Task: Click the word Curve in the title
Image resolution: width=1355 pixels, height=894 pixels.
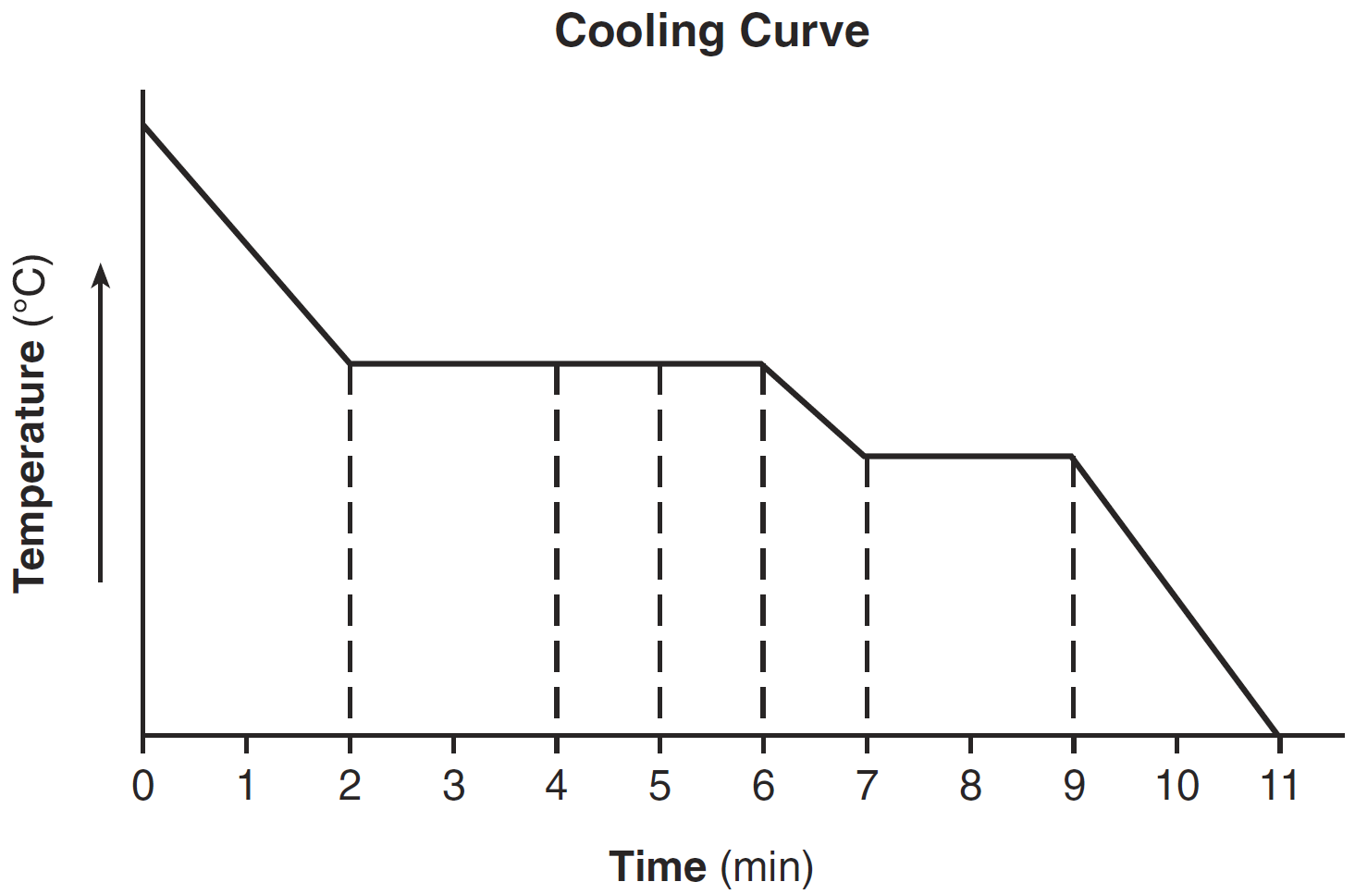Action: (x=804, y=31)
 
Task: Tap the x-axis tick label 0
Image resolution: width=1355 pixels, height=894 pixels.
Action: (x=142, y=786)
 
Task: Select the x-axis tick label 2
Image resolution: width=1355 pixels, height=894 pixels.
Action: (x=350, y=786)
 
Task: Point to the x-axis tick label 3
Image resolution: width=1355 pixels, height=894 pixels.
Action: (x=453, y=786)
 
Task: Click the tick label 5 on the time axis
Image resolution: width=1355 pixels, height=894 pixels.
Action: (x=659, y=786)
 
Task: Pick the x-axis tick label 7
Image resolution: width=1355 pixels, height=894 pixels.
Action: (x=867, y=786)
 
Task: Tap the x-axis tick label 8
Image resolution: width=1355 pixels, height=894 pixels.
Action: (x=970, y=786)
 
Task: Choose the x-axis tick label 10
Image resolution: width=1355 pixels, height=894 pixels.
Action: (x=1176, y=786)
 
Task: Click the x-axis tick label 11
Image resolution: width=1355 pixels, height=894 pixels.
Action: (x=1279, y=786)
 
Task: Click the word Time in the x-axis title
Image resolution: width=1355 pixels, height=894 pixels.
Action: (x=658, y=867)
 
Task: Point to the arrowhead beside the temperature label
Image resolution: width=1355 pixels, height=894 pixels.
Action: (x=101, y=275)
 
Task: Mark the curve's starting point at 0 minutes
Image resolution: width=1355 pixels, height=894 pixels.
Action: (x=143, y=123)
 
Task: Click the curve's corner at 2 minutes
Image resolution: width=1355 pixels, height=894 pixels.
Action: (x=350, y=364)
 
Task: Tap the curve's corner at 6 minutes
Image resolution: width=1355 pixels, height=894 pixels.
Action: (x=763, y=364)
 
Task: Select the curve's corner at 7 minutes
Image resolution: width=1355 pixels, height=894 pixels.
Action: (x=866, y=456)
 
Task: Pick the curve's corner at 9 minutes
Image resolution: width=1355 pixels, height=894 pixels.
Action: (x=1073, y=456)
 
